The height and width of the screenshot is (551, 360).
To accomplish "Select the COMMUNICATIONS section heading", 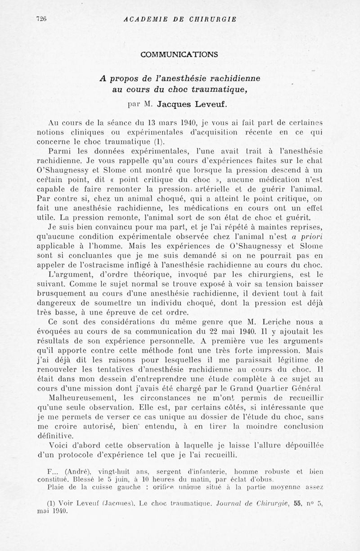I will click(180, 54).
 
